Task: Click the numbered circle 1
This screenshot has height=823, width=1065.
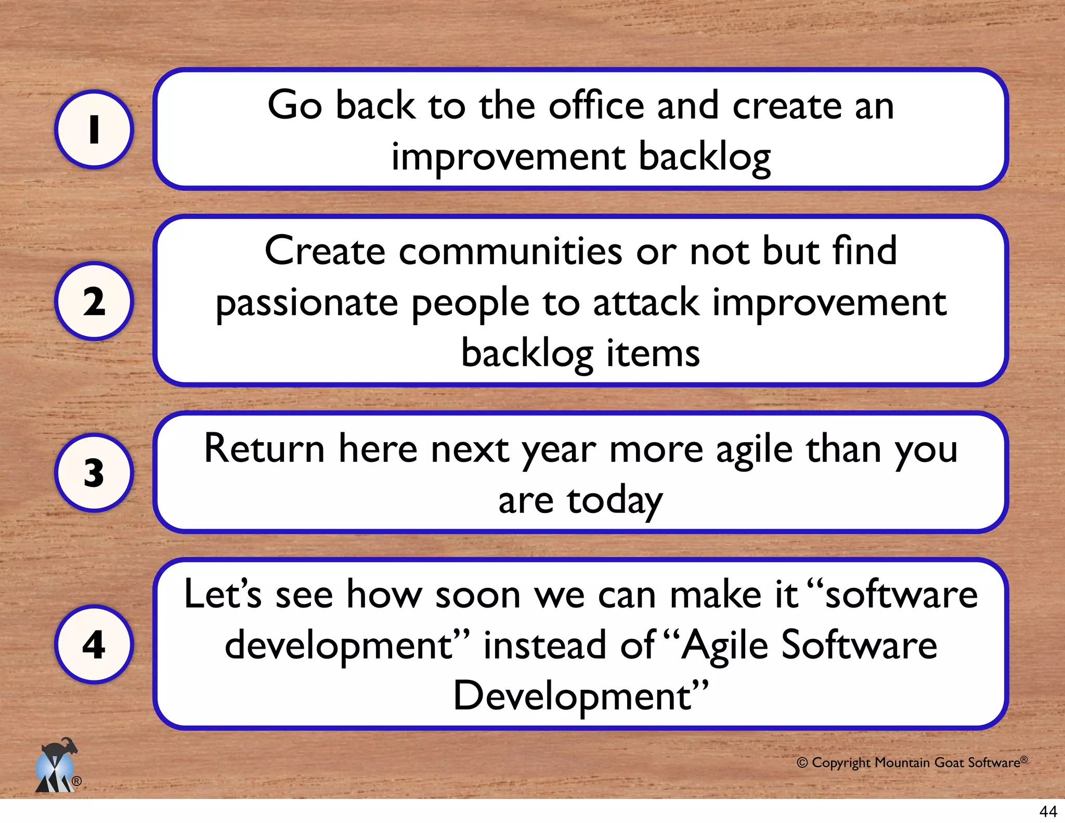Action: (x=94, y=130)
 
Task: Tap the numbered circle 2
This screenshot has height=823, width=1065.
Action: (x=94, y=301)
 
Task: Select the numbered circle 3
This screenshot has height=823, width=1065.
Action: (x=94, y=473)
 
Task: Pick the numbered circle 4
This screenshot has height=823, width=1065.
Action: (x=94, y=645)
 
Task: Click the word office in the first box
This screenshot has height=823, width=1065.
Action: (x=596, y=106)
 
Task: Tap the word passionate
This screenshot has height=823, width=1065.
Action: (x=306, y=303)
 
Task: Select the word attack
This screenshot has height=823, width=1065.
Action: (x=646, y=303)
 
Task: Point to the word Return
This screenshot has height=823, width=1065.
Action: (x=264, y=449)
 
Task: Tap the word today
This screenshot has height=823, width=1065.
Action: (x=615, y=501)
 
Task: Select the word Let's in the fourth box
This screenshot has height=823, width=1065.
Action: (x=223, y=595)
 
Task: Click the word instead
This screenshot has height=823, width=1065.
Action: (x=544, y=646)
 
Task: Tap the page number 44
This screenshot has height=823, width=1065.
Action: (x=1048, y=811)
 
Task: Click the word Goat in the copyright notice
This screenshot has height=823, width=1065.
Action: (x=949, y=763)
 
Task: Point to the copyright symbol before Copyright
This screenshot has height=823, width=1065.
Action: (x=802, y=763)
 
